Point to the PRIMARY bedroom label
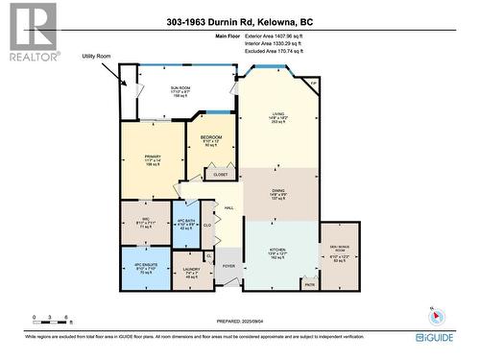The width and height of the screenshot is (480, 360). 151,155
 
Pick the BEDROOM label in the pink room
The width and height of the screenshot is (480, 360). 211,138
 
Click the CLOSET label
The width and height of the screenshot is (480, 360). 221,175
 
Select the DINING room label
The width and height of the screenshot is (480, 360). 279,190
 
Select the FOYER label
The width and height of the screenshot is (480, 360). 228,265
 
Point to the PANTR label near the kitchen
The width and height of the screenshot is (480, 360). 309,284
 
